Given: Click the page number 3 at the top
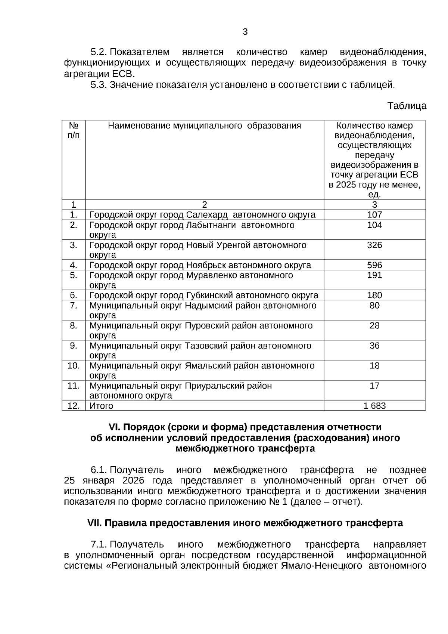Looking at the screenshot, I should click(245, 32).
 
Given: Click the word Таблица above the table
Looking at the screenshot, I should click(407, 106).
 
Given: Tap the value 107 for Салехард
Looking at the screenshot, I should click(374, 215).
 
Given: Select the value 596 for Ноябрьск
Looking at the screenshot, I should click(374, 265).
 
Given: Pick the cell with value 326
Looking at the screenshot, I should click(374, 245).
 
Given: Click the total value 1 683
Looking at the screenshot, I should click(374, 406).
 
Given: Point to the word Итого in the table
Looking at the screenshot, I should click(101, 406).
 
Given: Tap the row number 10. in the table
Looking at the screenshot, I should click(74, 366).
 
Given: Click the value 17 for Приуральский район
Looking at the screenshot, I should click(374, 386).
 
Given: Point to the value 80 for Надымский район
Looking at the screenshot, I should click(374, 306).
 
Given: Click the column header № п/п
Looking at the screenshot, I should click(74, 130).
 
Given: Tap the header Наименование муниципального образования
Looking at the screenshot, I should click(204, 126).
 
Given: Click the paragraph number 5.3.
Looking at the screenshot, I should click(99, 85).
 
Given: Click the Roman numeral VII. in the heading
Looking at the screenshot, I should click(94, 523).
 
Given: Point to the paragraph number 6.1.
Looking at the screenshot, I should click(99, 470).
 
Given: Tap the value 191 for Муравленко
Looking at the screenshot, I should click(374, 275).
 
